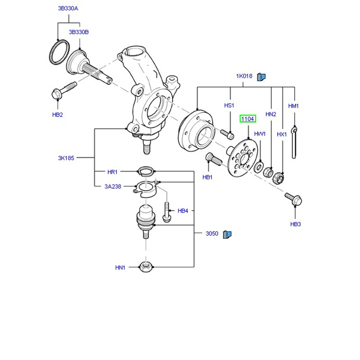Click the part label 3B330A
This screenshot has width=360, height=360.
tap(68, 8)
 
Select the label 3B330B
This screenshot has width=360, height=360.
tap(79, 32)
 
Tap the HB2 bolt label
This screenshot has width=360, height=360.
tap(57, 115)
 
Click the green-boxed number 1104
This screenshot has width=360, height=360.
tap(248, 119)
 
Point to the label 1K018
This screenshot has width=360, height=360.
tap(244, 76)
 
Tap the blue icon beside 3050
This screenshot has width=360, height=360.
tap(227, 234)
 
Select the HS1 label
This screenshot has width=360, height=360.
tap(229, 105)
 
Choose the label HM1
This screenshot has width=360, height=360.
tap(293, 106)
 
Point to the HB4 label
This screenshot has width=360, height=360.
tap(183, 211)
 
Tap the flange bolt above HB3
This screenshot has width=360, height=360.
tap(293, 198)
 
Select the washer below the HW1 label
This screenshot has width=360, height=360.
tap(260, 167)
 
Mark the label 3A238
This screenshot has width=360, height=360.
tap(113, 186)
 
